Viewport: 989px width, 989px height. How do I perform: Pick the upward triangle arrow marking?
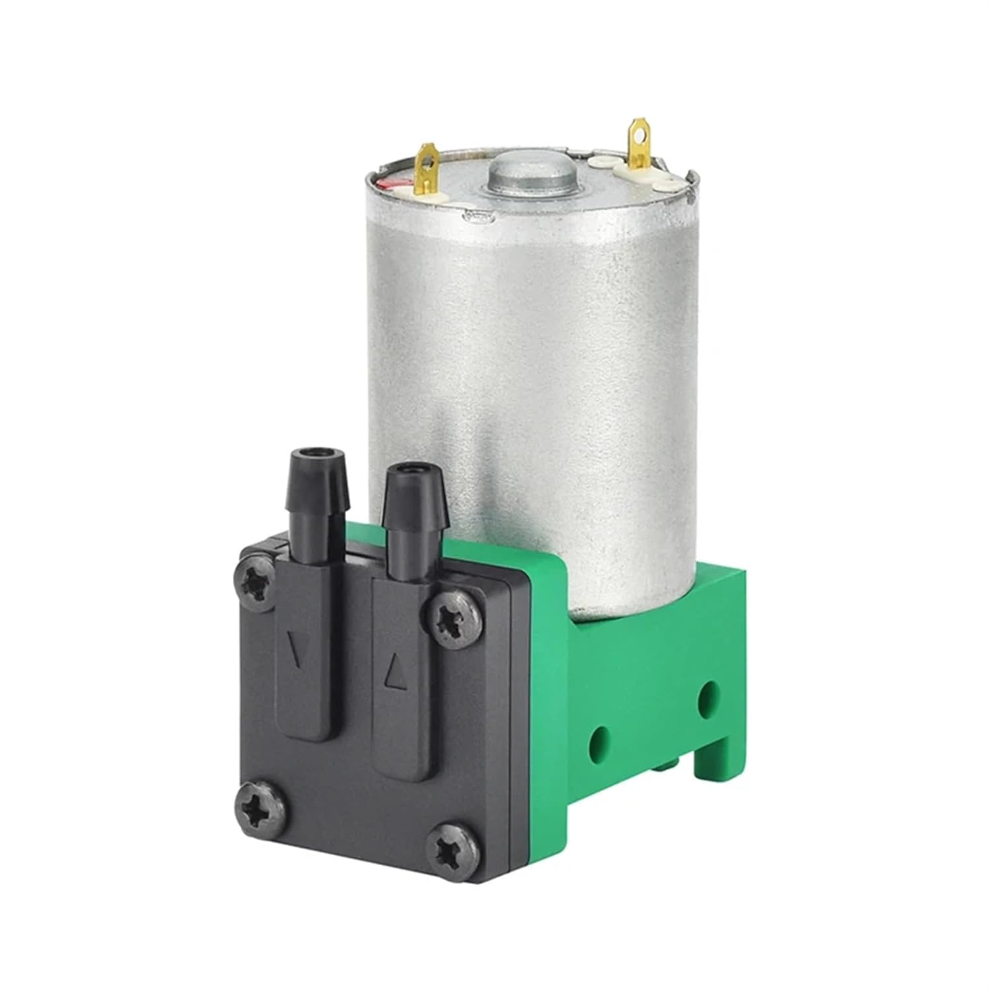coord(394,671)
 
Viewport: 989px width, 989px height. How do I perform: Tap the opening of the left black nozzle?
coord(318,454)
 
